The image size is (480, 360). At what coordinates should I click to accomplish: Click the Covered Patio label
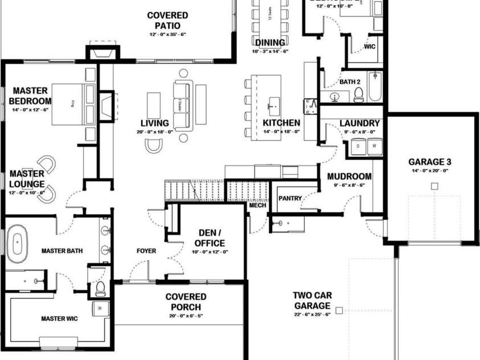[167, 21]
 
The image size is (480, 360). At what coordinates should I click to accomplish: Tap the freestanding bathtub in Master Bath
[18, 242]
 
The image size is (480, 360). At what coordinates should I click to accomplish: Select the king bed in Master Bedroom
[73, 104]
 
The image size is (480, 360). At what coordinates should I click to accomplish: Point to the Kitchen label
[281, 123]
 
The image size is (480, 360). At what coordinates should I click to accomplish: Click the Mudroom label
[349, 177]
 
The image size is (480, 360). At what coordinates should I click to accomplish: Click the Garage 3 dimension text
[430, 170]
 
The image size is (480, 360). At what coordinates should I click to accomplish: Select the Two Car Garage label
[312, 301]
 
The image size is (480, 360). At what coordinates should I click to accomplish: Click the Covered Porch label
[186, 302]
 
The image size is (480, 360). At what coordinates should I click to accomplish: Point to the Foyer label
[146, 251]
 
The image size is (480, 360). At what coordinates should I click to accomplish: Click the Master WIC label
[59, 319]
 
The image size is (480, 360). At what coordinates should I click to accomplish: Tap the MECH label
[257, 205]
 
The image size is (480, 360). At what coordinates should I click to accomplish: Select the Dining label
[270, 43]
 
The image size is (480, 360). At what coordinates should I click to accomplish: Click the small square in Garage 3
[434, 186]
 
